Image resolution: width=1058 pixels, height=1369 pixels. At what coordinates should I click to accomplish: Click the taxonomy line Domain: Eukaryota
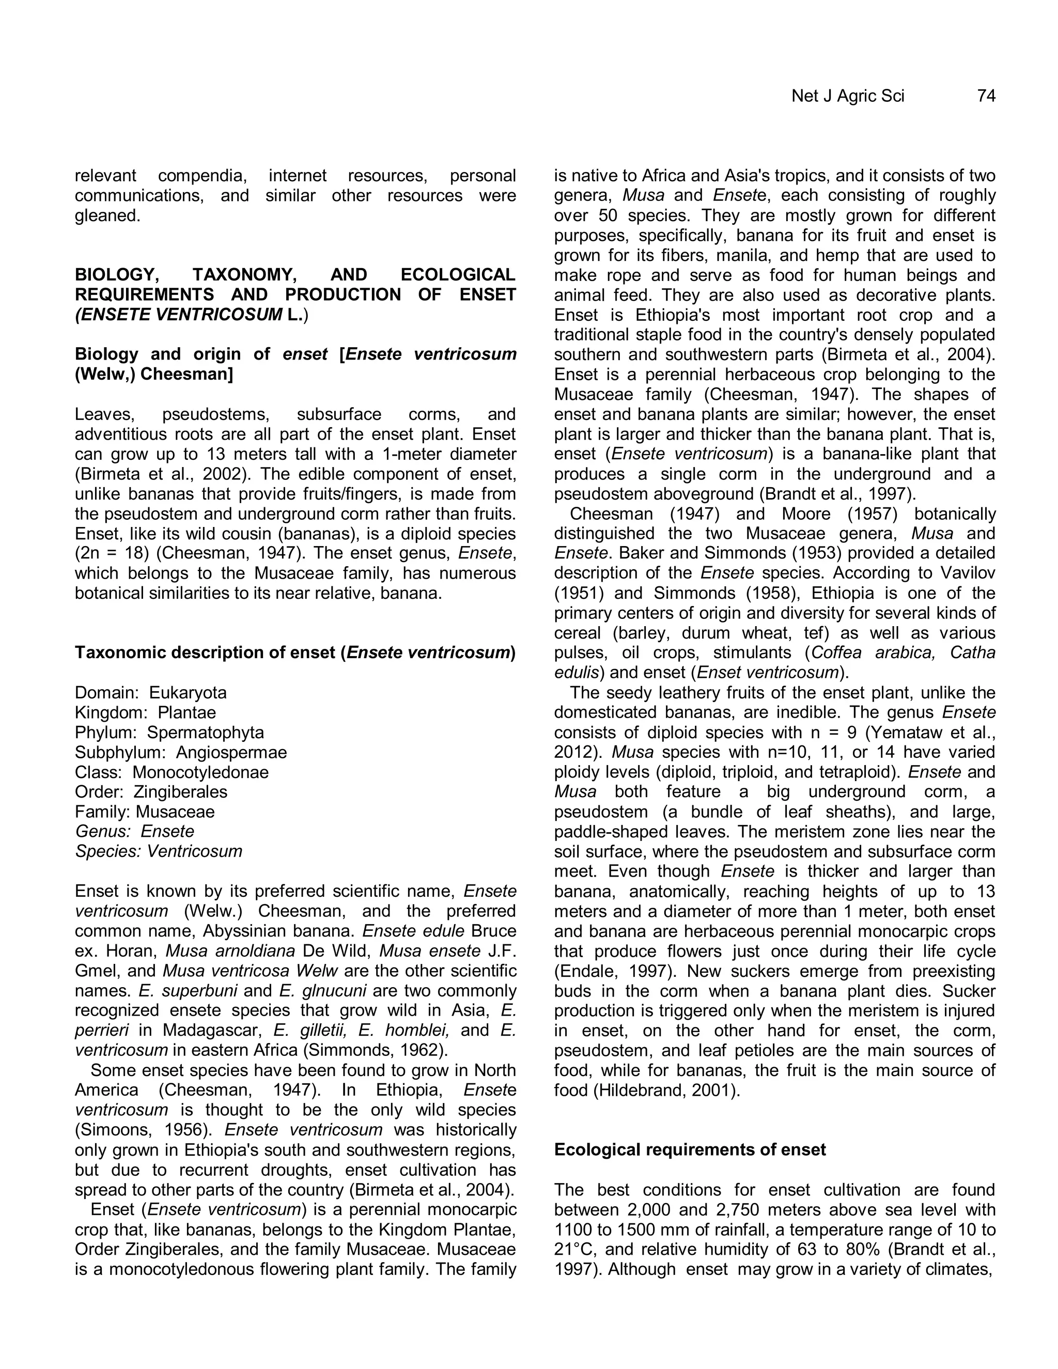pos(150,693)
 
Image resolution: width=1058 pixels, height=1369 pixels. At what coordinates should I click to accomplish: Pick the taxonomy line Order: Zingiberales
pos(150,791)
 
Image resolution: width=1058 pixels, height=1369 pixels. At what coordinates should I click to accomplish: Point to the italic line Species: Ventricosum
pos(158,851)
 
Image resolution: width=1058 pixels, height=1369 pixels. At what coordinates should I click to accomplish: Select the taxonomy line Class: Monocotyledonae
pos(171,772)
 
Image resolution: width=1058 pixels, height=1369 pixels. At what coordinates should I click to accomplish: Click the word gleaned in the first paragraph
pos(106,215)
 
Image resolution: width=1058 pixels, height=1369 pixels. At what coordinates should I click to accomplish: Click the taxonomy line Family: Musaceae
pos(144,812)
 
